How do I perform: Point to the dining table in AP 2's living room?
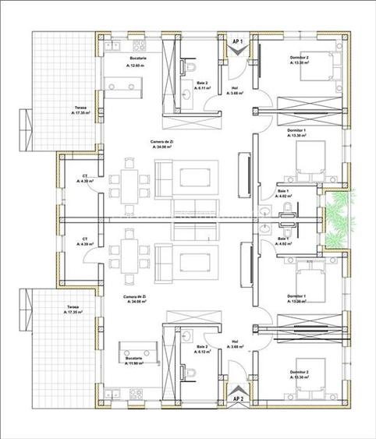(129, 253)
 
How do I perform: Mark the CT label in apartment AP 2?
(84, 242)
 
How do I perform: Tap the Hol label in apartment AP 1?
(236, 90)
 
